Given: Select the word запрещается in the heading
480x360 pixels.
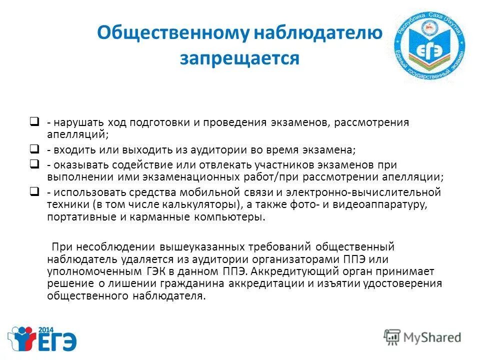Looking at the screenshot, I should (239, 58).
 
